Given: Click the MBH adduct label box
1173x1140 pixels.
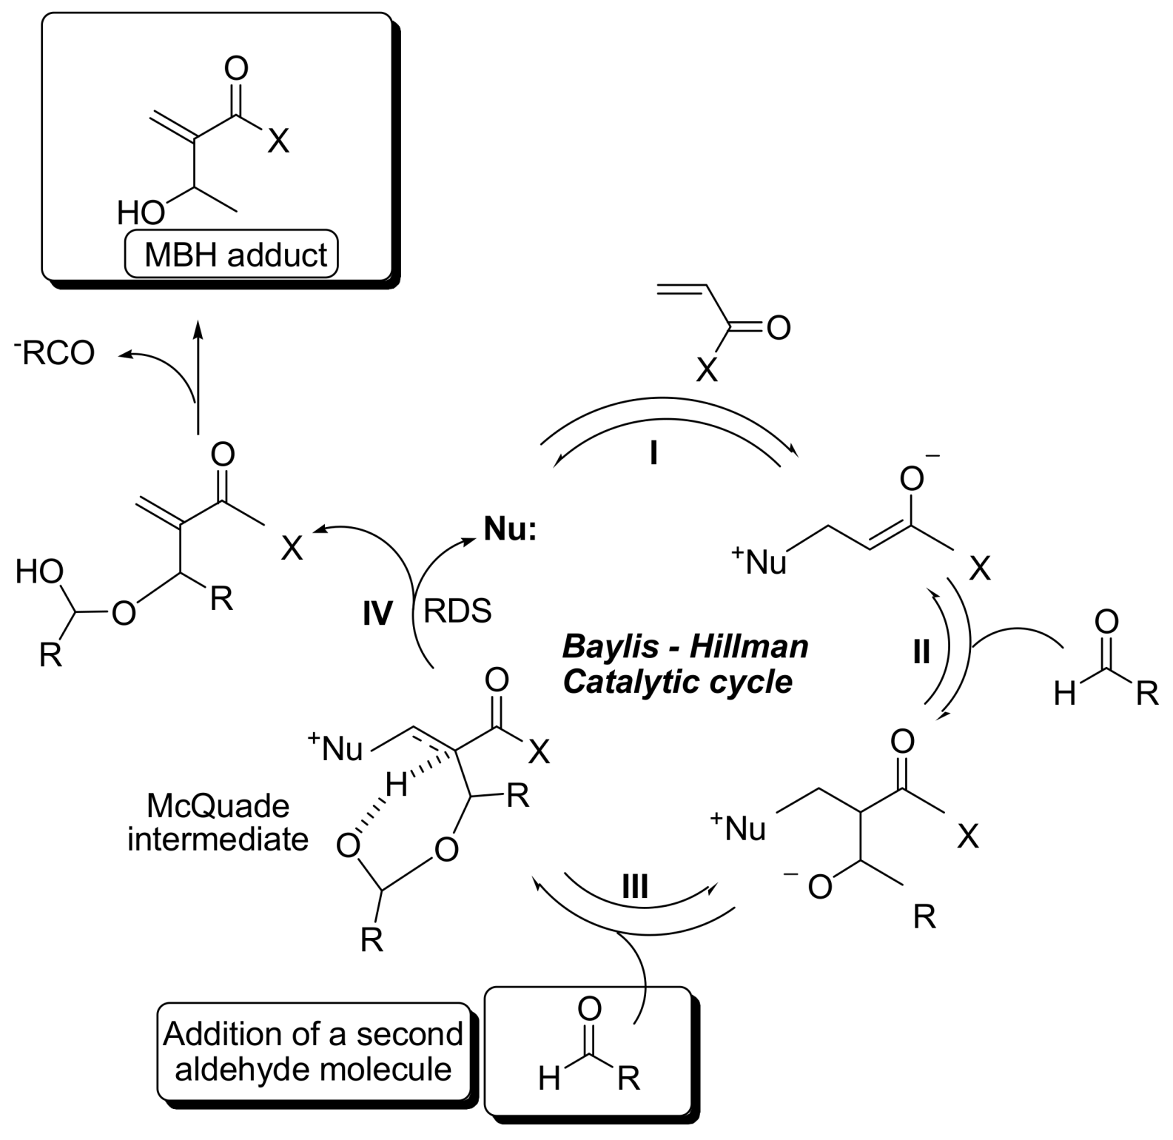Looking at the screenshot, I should pos(231,255).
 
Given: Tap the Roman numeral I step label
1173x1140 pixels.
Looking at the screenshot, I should pos(653,452).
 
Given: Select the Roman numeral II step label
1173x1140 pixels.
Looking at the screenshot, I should pos(921,653).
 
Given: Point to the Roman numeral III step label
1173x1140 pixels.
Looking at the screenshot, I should pos(634,886).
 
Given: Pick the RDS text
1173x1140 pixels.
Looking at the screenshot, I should pos(457,612).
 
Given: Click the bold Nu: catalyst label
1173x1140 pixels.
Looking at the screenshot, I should pos(510,529).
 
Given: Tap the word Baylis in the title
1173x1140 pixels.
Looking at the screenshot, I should pos(610,646).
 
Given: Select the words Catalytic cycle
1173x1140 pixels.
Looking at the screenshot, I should pos(677,682).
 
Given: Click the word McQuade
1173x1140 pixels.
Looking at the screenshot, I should pos(218,805).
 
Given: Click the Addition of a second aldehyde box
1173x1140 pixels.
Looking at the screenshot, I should pos(314,1051).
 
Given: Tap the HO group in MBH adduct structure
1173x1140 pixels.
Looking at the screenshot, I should pos(141,213).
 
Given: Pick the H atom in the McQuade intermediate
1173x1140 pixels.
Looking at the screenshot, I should pos(396,785).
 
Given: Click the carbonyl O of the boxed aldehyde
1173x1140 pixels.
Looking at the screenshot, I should pos(589,1008).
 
